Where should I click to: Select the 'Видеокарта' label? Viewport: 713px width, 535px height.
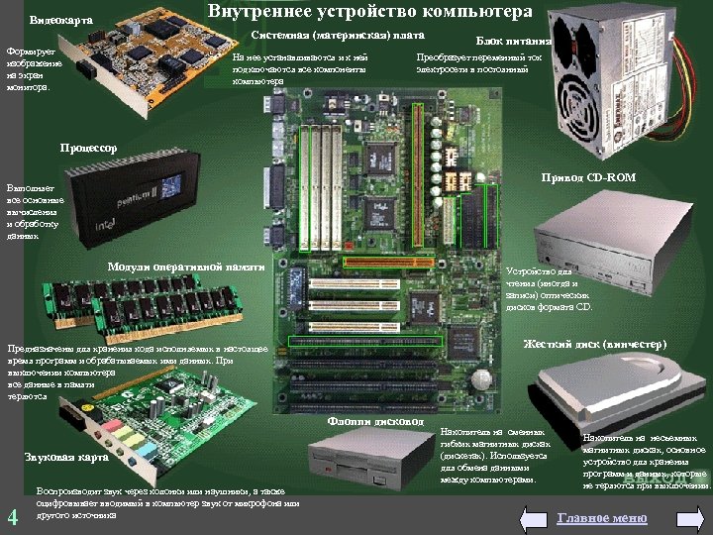click(61, 20)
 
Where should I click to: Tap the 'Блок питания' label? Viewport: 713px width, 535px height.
click(514, 42)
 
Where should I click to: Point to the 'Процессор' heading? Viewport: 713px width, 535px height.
click(88, 148)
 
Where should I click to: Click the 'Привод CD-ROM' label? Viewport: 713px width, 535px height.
click(588, 177)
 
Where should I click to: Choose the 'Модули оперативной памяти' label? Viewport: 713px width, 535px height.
click(186, 267)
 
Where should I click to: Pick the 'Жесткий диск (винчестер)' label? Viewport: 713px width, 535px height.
click(594, 344)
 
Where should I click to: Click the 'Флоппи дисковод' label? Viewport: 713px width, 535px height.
click(375, 421)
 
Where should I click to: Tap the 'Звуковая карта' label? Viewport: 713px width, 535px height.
click(65, 458)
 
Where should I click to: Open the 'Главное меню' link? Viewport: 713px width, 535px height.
click(602, 518)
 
